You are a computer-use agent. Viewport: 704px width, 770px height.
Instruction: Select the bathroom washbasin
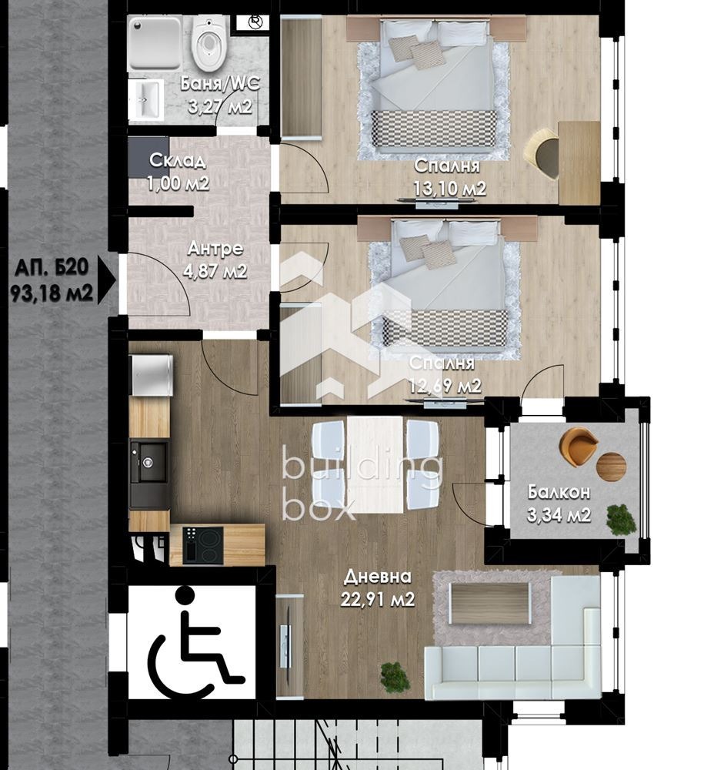click(x=145, y=99)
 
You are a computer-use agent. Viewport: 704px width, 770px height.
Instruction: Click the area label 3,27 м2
click(x=220, y=106)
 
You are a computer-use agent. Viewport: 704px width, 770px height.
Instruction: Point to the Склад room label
click(x=177, y=161)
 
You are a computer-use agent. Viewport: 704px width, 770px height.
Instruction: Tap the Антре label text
click(x=215, y=249)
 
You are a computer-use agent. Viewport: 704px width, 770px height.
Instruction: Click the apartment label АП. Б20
click(x=52, y=268)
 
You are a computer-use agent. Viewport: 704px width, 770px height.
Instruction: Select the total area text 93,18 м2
click(x=52, y=293)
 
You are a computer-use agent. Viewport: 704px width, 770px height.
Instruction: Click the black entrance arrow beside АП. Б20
click(x=106, y=280)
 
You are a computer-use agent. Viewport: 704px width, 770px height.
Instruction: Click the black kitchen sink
click(x=148, y=461)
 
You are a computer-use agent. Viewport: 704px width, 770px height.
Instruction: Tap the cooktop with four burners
click(x=202, y=544)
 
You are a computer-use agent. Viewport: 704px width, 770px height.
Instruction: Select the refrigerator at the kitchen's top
click(x=151, y=374)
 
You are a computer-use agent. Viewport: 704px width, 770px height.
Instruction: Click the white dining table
click(x=375, y=464)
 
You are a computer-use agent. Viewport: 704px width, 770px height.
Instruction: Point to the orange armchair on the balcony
click(x=578, y=445)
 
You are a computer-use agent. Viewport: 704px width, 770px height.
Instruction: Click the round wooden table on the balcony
click(x=611, y=467)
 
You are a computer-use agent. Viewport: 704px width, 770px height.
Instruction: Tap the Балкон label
click(x=559, y=492)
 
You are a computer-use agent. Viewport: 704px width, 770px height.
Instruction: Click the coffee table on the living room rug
click(x=491, y=603)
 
